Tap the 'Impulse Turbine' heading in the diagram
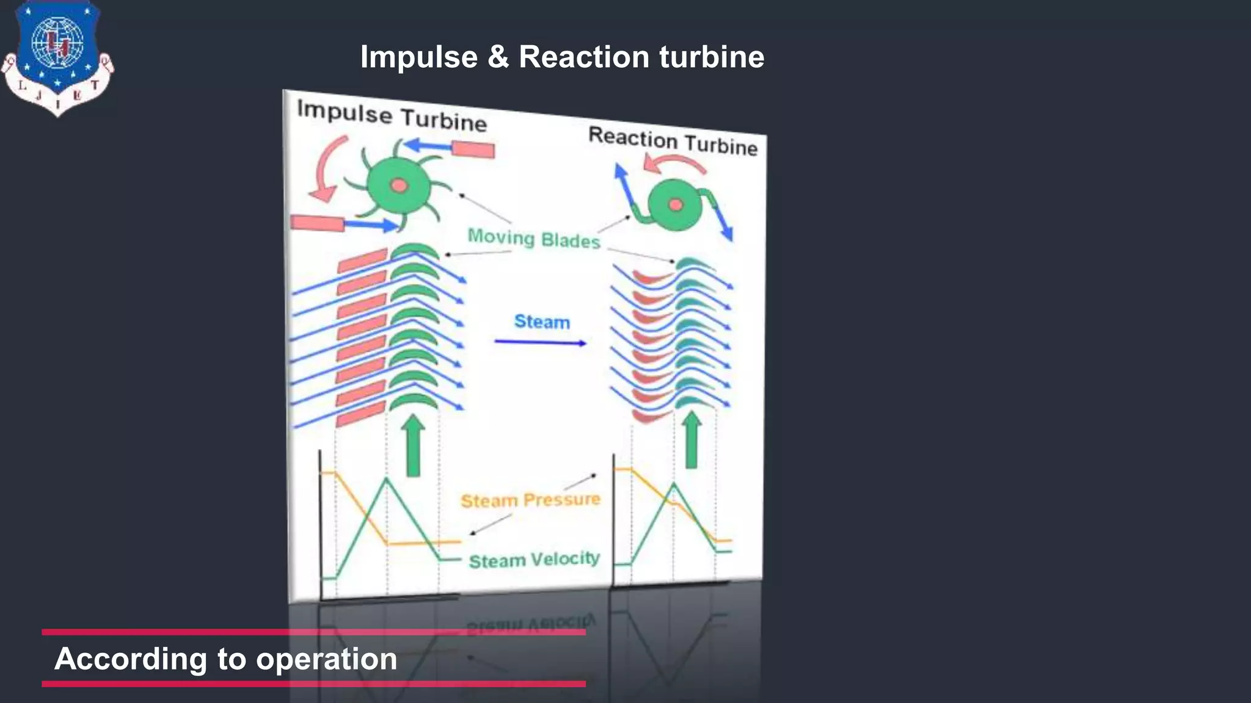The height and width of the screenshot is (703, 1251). tap(392, 116)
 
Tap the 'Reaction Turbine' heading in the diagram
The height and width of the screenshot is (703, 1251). tap(673, 141)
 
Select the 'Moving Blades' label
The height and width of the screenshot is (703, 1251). tap(534, 239)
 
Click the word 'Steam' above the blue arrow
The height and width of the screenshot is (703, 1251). tap(542, 322)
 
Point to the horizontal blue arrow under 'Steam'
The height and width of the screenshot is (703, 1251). tap(540, 342)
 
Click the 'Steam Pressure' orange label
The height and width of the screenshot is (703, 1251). tap(530, 500)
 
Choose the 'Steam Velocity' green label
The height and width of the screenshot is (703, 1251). tap(534, 560)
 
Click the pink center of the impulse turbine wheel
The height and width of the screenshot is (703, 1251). tap(399, 185)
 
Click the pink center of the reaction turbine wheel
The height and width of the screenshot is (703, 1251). tap(676, 204)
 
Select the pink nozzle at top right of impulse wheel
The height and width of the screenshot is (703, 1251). tap(473, 149)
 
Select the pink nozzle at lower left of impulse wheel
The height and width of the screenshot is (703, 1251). tap(317, 223)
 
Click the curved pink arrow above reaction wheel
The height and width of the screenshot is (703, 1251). tap(674, 162)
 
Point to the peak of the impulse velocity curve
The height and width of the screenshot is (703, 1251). tap(386, 479)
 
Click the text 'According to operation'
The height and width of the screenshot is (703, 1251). tap(226, 659)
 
